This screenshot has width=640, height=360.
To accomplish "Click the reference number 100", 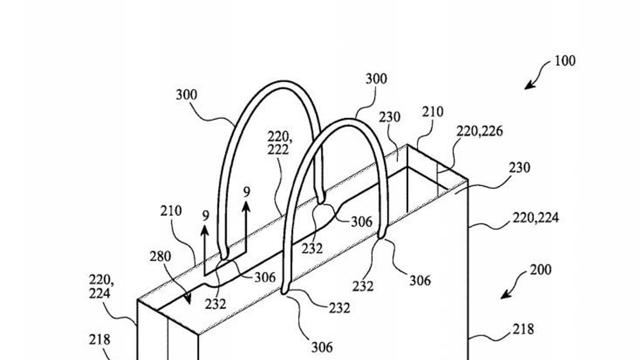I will coord(565,61).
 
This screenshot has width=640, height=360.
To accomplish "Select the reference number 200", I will coord(540,270).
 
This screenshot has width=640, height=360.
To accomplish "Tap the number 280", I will coord(160,256).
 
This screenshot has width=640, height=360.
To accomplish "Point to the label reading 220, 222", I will coord(279,143).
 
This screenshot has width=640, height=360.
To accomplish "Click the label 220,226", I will coord(479,131).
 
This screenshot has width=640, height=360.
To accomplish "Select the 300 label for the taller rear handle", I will coord(186,95).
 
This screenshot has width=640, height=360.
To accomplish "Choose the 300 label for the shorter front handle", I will coord(376,79).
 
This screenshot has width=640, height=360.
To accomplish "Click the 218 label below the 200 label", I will coord(523,329).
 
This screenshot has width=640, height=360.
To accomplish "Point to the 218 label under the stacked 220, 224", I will coord(99,340).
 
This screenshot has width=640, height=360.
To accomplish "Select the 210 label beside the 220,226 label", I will coord(432,112).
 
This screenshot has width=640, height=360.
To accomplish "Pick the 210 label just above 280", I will coord(171,211).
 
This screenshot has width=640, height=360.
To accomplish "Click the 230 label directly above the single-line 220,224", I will coord(519,167).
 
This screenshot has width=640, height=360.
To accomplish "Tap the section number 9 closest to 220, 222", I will coord(246,192).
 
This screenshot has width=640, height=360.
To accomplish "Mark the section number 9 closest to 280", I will coord(205,216).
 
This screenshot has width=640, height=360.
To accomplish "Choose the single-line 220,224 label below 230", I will coord(535,218).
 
